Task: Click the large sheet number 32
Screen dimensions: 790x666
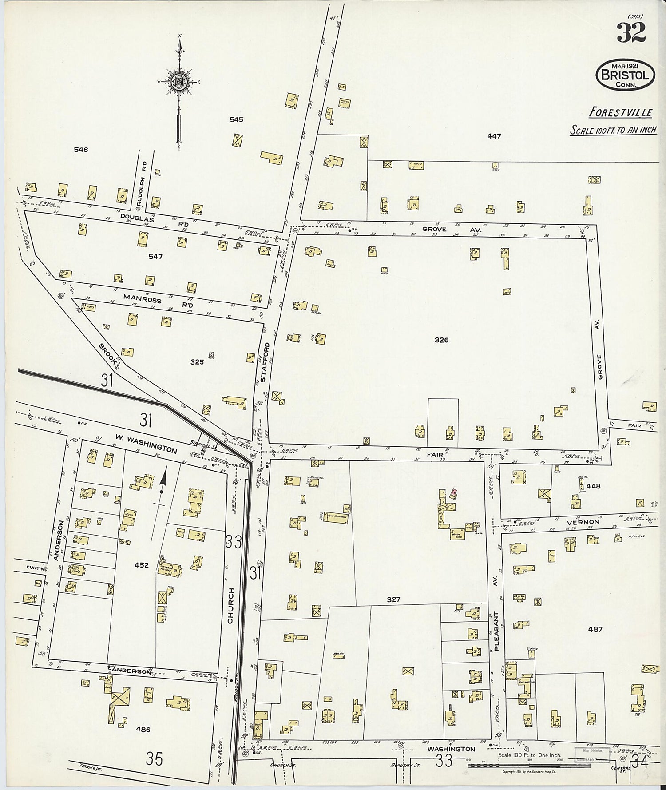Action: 630,32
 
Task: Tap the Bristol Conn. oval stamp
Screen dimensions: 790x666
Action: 625,74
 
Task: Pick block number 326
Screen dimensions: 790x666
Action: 441,340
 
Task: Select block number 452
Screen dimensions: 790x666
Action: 142,565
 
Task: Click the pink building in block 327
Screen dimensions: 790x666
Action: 453,492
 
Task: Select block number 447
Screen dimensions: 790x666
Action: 494,136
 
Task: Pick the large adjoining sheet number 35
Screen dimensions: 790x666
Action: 154,759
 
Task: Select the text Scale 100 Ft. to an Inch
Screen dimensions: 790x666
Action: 613,131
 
